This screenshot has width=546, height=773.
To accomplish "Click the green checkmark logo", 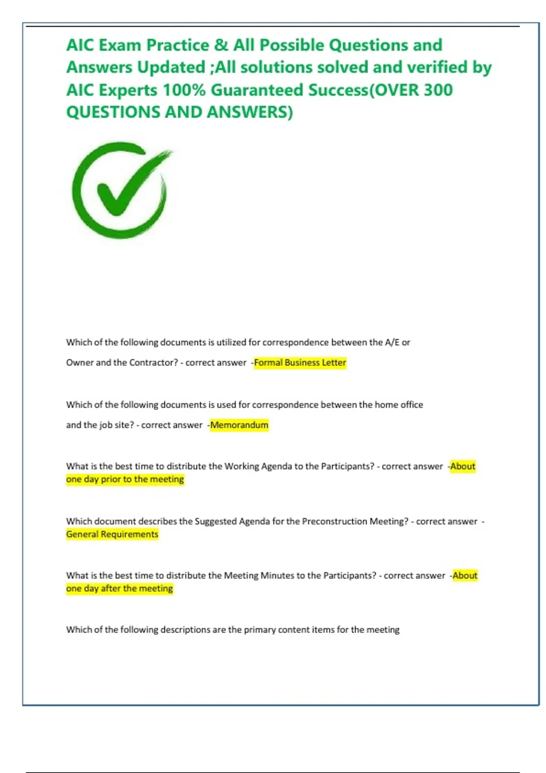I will (x=121, y=190).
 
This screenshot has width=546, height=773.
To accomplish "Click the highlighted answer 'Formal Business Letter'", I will (x=300, y=363).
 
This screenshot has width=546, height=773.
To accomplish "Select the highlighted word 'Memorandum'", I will (x=239, y=425).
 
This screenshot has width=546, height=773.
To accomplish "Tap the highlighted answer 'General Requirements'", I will (x=112, y=534).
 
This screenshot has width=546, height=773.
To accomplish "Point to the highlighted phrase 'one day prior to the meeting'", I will (x=125, y=479).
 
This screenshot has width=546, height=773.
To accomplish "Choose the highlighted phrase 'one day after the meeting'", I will (x=119, y=588).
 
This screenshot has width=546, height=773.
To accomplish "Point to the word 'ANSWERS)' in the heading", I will (x=250, y=112).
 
